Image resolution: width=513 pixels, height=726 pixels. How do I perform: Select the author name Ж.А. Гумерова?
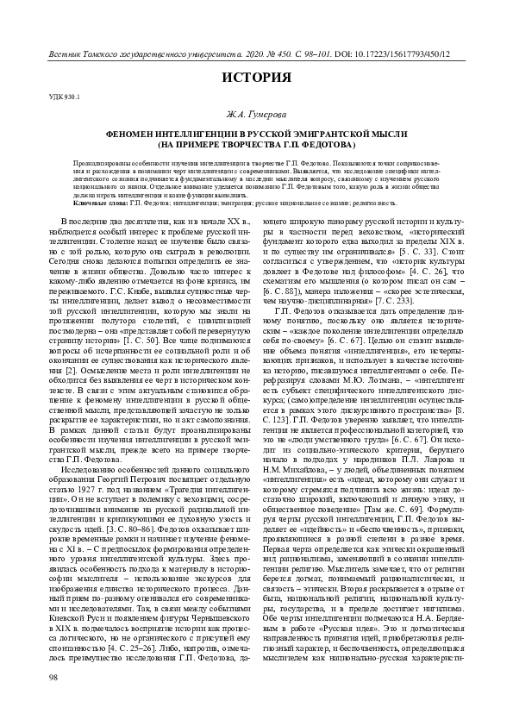(256, 114)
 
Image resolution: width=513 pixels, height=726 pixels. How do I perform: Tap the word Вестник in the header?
(63, 41)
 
